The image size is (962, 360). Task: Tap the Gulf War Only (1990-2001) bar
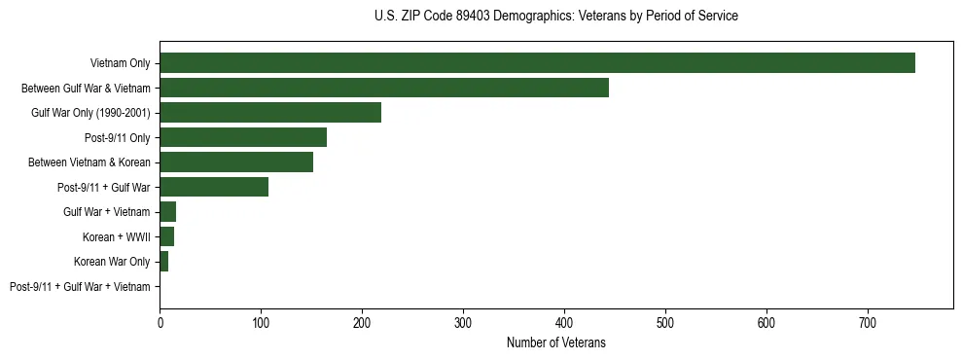point(270,113)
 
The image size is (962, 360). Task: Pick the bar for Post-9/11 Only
point(243,137)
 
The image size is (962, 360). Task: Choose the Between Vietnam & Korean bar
point(236,162)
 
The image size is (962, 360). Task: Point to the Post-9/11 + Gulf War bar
point(214,187)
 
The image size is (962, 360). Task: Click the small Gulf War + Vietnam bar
point(168,212)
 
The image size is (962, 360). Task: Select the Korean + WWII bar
point(167,236)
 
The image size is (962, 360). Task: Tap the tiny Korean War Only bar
point(164,262)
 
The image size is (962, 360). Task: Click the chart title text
point(555,17)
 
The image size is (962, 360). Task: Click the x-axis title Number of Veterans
point(555,342)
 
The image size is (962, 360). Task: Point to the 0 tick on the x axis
point(160,321)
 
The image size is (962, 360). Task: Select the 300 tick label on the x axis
point(463,321)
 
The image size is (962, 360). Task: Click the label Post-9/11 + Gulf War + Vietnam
point(80,287)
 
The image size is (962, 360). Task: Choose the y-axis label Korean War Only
point(112,262)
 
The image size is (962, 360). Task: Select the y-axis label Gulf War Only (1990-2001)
point(90,113)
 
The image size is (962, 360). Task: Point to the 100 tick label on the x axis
point(261,321)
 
